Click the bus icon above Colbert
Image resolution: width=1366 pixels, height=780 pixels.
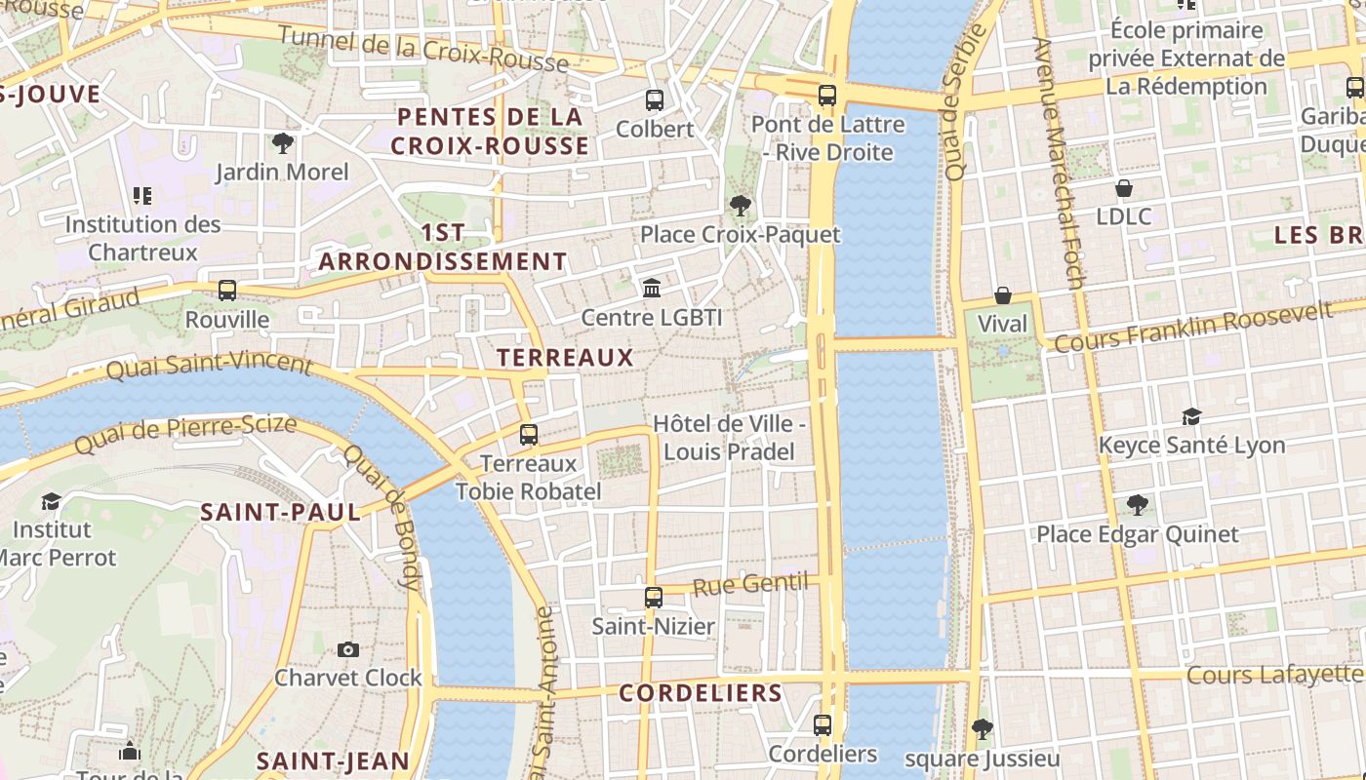[x=654, y=99]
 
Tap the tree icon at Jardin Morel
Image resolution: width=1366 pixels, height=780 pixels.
[x=283, y=143]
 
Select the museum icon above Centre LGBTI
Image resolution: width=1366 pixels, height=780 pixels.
[x=651, y=288]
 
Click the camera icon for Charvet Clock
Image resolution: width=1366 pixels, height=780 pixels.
[x=347, y=649]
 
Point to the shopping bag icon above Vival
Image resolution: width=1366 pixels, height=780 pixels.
[x=1002, y=294]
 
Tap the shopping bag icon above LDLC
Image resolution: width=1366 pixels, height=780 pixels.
[x=1124, y=187]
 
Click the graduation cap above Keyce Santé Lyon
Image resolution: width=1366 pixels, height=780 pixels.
[x=1191, y=417]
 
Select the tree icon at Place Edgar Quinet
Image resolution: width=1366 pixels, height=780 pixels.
[x=1137, y=505]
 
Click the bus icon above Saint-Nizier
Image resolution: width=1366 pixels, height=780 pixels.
[x=653, y=598]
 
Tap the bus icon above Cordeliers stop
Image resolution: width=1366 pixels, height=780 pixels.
[x=823, y=725]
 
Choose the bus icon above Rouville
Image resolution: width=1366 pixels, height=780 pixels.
[x=227, y=291]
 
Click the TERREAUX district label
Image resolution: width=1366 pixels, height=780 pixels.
[x=565, y=358]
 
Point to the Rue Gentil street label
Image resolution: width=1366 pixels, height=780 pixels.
[x=750, y=585]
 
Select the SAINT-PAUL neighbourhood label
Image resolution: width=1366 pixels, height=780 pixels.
[x=280, y=512]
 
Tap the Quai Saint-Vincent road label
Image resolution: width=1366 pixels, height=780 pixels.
[x=209, y=365]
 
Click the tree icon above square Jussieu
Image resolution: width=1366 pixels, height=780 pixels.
[x=982, y=728]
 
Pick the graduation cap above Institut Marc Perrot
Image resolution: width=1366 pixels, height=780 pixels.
[x=51, y=501]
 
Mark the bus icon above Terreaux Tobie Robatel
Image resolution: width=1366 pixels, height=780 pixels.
[x=528, y=435]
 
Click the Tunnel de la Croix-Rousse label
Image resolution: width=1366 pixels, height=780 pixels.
[x=422, y=49]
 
